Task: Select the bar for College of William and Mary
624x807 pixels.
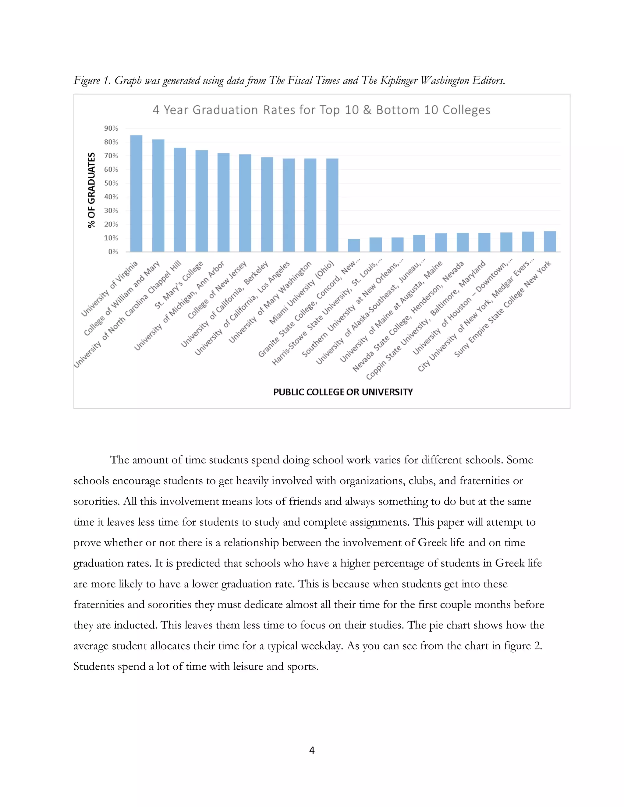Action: pos(158,196)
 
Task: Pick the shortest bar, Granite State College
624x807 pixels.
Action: pos(354,245)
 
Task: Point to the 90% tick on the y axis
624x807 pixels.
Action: pos(111,128)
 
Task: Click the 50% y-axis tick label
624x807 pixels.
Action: pos(111,183)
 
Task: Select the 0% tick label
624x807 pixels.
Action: pos(113,252)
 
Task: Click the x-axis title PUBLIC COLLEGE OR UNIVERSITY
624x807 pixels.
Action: pos(343,392)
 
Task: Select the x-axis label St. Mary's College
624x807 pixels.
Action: pos(179,285)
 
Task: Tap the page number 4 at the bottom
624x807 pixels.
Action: pos(312,750)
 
